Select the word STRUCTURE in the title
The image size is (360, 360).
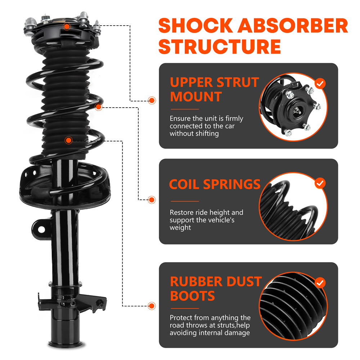tap(220, 46)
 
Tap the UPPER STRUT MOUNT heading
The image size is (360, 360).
tap(214, 89)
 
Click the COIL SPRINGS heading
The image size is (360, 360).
tap(215, 184)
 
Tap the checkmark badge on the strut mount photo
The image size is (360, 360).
tap(320, 84)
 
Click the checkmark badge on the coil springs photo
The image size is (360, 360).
tap(320, 183)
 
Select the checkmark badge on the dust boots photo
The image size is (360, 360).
tap(320, 282)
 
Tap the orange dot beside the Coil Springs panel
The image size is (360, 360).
tap(152, 199)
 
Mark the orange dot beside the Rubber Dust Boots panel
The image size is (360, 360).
tap(152, 306)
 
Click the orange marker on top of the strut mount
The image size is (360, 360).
tap(67, 26)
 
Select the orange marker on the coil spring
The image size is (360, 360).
tap(99, 107)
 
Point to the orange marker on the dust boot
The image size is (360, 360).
tap(68, 140)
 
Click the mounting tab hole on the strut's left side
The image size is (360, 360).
tap(41, 229)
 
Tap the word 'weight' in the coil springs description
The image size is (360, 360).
tap(180, 228)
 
